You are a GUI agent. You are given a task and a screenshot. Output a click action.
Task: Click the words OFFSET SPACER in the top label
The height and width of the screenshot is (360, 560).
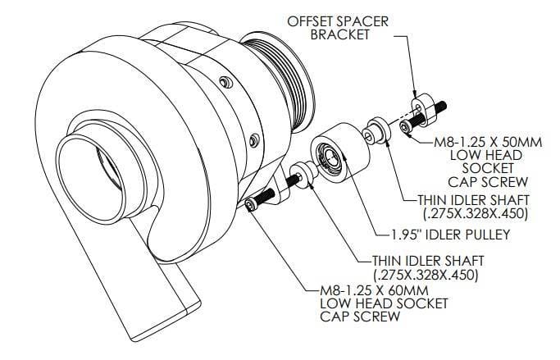[338, 21]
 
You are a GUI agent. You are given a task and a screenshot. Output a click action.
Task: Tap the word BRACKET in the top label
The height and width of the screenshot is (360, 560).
[339, 34]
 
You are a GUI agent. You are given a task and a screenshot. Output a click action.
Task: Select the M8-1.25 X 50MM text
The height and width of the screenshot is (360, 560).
[488, 142]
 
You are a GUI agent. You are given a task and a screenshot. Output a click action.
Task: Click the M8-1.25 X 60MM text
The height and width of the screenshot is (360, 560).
[374, 289]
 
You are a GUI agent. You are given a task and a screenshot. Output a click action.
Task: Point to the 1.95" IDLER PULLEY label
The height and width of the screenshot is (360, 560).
[450, 235]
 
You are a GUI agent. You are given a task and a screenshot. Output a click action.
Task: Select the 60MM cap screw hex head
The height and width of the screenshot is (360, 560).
[249, 205]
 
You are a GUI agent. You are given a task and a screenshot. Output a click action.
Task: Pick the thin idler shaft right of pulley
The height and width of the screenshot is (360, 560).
[376, 130]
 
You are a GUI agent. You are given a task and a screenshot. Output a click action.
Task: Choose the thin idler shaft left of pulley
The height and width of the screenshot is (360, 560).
[303, 175]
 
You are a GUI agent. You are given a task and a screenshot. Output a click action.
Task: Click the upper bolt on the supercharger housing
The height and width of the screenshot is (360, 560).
[225, 83]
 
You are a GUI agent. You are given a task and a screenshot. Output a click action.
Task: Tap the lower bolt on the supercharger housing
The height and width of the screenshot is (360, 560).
[254, 140]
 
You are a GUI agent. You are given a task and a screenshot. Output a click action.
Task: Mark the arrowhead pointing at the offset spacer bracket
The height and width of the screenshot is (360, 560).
[413, 93]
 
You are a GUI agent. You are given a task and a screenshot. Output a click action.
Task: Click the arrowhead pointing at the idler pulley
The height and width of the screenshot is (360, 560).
[344, 154]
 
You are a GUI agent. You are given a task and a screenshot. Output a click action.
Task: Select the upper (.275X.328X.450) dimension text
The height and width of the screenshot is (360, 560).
[476, 213]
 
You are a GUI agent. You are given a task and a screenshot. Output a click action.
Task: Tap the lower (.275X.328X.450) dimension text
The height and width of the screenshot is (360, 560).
[426, 275]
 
